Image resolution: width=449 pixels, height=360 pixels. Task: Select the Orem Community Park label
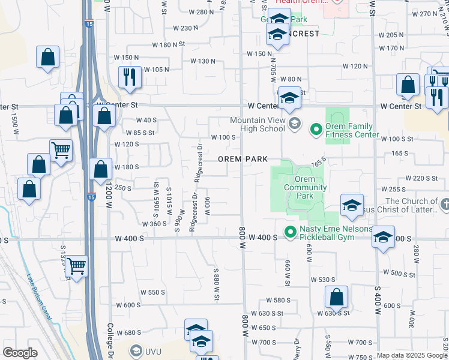pyautogui.click(x=305, y=188)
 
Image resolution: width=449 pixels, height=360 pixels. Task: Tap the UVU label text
pyautogui.click(x=154, y=350)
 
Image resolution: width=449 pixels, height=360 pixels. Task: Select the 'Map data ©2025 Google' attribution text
pyautogui.click(x=412, y=355)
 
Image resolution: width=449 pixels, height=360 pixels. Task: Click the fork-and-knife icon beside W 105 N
pyautogui.click(x=130, y=76)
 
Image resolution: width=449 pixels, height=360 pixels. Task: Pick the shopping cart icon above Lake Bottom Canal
pyautogui.click(x=77, y=265)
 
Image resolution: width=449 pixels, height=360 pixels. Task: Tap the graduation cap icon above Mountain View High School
pyautogui.click(x=289, y=97)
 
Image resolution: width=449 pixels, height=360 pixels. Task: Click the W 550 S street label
pyautogui.click(x=152, y=292)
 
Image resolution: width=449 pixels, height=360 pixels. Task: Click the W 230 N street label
pyautogui.click(x=185, y=28)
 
